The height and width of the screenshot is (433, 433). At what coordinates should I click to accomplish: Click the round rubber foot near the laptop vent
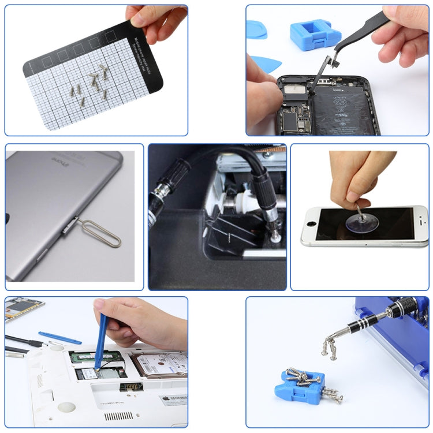pos(66,406)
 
